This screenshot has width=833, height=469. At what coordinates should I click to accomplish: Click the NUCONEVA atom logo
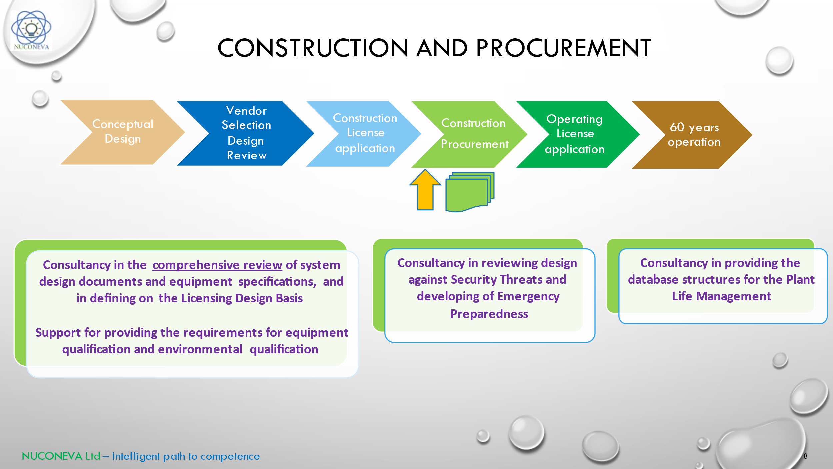(x=31, y=30)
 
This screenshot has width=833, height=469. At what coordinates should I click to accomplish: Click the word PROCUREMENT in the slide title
(x=563, y=48)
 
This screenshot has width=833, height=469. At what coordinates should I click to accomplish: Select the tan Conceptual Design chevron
(x=122, y=132)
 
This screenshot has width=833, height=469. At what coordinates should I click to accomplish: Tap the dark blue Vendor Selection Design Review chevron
(x=246, y=133)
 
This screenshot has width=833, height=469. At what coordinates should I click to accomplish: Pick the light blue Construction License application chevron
(x=365, y=133)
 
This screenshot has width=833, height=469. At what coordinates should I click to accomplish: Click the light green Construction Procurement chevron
(x=473, y=134)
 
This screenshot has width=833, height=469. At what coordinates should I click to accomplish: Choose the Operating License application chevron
(x=575, y=134)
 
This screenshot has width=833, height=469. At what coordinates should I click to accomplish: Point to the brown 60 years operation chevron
(x=694, y=135)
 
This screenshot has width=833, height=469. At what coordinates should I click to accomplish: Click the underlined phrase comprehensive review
(x=217, y=265)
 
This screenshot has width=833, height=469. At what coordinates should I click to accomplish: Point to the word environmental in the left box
(x=200, y=349)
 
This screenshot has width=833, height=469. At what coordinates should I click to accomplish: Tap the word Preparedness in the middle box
(x=489, y=314)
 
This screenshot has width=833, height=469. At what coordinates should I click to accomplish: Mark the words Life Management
(x=721, y=296)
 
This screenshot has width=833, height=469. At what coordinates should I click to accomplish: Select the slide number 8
(x=805, y=456)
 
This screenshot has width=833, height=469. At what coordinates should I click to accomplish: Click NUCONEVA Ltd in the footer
(x=61, y=456)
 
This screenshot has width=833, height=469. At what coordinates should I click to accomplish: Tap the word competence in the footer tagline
(x=230, y=456)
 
